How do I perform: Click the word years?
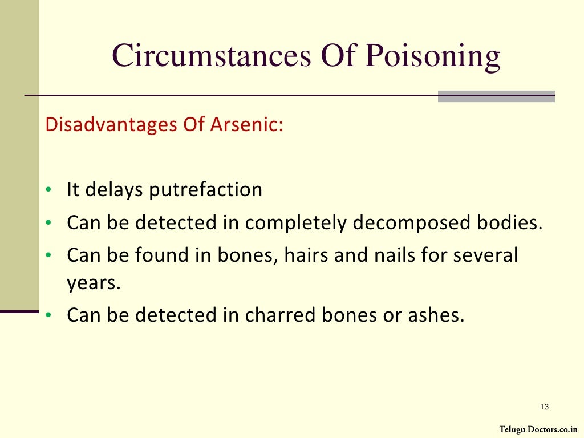94,283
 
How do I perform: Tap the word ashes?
432,315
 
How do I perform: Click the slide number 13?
544,407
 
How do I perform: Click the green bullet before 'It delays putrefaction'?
50,190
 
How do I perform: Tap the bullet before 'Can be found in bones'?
50,255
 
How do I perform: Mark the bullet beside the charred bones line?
50,315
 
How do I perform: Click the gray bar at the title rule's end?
496,96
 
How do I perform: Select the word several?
485,255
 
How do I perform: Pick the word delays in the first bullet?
114,190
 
